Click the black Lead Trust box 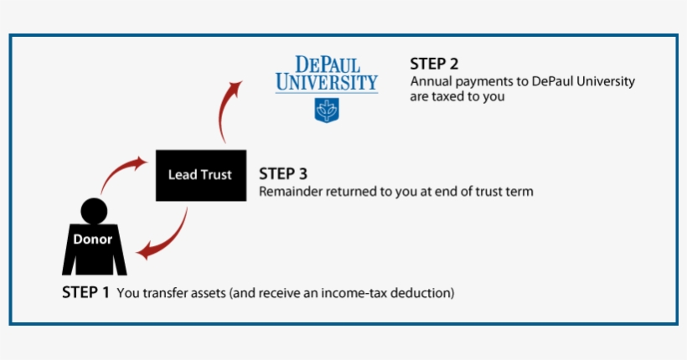pyautogui.click(x=200, y=175)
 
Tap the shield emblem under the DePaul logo pyautogui.click(x=326, y=110)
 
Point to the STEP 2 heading pyautogui.click(x=434, y=64)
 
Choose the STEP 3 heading pyautogui.click(x=282, y=174)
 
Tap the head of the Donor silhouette pyautogui.click(x=92, y=211)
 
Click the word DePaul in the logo pyautogui.click(x=327, y=64)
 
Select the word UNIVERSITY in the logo pyautogui.click(x=327, y=83)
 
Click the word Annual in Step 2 pyautogui.click(x=429, y=82)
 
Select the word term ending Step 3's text pyautogui.click(x=519, y=192)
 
